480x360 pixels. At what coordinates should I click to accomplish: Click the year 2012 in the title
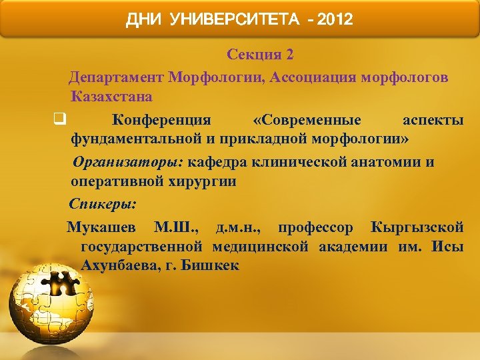(x=335, y=20)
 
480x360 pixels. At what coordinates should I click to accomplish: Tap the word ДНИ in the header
(x=143, y=20)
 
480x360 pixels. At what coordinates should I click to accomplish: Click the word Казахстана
(x=110, y=97)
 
